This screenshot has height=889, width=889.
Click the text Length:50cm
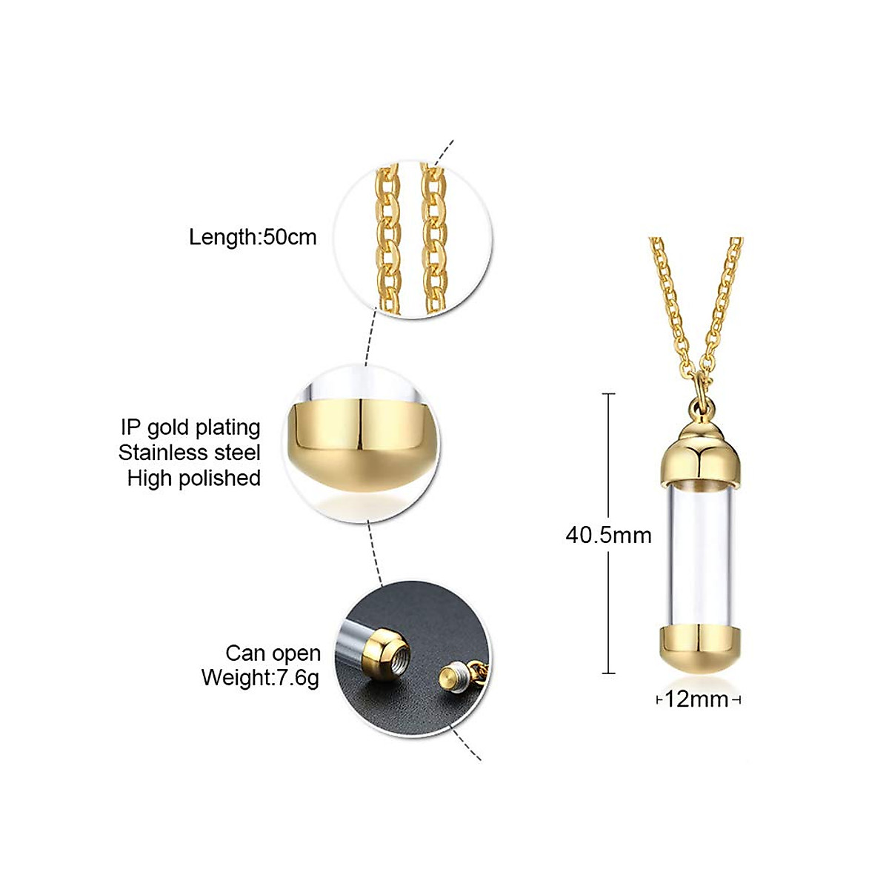click(253, 237)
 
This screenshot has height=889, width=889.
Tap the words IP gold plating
click(190, 427)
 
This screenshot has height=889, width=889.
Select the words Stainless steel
click(190, 453)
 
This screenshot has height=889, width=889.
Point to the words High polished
click(194, 478)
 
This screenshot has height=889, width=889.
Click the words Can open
click(273, 653)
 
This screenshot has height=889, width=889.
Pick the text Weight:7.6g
click(260, 678)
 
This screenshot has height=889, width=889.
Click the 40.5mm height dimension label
click(608, 535)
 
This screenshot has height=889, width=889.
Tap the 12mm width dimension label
click(696, 699)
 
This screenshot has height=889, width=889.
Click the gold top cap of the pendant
click(696, 452)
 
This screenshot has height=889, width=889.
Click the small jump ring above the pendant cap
click(698, 405)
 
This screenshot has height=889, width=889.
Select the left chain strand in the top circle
click(387, 237)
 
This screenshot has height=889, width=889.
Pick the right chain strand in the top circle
click(434, 237)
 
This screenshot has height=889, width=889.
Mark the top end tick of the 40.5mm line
click(608, 393)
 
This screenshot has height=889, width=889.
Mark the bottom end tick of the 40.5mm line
click(608, 673)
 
